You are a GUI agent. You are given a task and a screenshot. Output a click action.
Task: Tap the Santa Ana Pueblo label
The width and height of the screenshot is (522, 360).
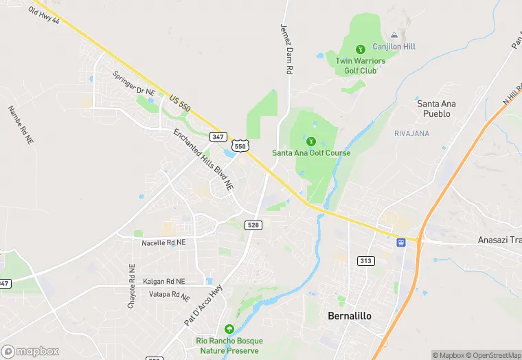point(437,109)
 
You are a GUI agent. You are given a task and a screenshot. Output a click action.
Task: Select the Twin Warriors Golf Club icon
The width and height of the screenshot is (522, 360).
point(360,49)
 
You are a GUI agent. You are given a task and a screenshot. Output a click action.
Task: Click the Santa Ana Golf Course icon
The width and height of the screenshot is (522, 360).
point(311,141)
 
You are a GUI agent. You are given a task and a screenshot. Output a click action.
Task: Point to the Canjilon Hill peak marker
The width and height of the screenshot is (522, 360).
point(394,34)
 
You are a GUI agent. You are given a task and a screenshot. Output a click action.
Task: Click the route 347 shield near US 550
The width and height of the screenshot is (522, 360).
point(218,137)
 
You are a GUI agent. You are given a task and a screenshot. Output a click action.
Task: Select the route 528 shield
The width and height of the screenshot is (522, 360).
point(254,225)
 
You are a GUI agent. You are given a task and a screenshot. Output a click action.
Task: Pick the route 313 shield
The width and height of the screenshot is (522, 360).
point(366,260)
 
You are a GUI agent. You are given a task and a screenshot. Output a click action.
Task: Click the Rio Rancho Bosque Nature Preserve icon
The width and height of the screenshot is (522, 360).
point(229,329)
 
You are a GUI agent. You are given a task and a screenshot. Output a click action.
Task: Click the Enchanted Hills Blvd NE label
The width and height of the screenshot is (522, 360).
point(203,159)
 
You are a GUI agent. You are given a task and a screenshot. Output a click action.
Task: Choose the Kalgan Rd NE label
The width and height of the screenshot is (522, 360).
point(164,281)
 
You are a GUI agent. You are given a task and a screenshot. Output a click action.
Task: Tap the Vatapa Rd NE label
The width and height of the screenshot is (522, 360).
point(170,295)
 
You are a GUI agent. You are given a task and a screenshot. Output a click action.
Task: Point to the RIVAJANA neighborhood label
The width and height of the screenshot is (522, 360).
point(411,133)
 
